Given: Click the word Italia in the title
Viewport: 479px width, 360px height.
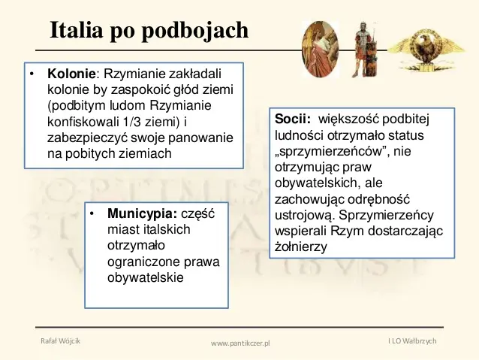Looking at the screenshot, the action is (x=76, y=30).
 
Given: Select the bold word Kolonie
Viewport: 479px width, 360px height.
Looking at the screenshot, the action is (x=71, y=74).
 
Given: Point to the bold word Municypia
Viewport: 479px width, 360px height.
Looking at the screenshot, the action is (x=142, y=213).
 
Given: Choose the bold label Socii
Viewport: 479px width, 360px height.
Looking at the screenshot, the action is (x=292, y=119).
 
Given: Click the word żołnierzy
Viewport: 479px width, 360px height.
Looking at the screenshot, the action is (x=301, y=247).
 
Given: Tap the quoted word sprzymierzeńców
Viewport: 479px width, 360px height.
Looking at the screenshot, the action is (x=332, y=151).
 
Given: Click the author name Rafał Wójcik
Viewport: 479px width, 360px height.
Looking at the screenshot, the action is (x=61, y=340).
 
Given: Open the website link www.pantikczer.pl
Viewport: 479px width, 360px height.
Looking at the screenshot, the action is (x=240, y=343).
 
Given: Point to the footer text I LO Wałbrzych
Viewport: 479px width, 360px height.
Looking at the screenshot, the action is (x=412, y=340).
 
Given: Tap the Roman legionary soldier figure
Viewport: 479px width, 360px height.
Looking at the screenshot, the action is (x=364, y=50).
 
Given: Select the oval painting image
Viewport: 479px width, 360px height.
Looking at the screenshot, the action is (x=320, y=50).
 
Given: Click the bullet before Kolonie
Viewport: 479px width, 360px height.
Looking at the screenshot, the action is (x=31, y=74).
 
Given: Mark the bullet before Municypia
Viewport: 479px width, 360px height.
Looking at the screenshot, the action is (x=92, y=213).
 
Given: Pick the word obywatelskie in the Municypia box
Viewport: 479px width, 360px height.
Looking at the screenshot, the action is (x=146, y=278).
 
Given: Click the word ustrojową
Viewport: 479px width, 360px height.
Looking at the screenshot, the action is (x=303, y=216).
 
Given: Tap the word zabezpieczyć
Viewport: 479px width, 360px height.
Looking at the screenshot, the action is (x=87, y=138).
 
